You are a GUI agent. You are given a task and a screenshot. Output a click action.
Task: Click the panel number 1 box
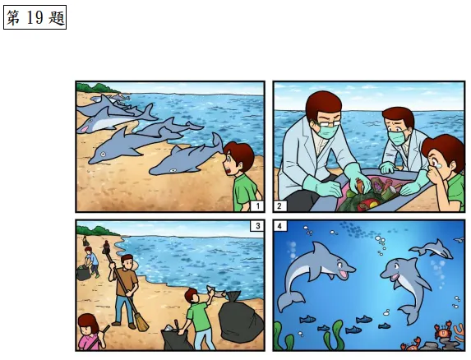pos(257,206)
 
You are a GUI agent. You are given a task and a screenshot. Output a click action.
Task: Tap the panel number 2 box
pos(280,206)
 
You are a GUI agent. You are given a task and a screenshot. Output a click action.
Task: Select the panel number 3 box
pos(257,226)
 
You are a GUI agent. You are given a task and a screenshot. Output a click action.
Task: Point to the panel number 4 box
pos(280,226)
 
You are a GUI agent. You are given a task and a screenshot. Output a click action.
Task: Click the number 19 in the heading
pos(35,17)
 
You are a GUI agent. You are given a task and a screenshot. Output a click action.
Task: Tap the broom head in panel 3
pos(141,322)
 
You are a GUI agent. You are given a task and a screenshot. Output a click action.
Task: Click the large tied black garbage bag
pos(240,318)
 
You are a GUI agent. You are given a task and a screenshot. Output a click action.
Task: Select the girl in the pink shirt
pos(90,332)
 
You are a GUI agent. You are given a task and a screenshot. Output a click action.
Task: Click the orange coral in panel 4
pos(459,332)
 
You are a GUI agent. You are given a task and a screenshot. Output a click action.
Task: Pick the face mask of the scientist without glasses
pos(396,138)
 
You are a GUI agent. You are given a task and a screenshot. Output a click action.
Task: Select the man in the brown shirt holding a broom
pos(125,291)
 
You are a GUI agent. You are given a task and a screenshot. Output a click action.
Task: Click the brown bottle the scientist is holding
pos(360,185)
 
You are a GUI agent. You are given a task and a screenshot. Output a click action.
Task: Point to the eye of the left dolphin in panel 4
pos(340,265)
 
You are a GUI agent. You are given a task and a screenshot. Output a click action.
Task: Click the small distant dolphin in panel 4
pos(432,249)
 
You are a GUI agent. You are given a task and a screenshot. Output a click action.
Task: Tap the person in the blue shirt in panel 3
pos(91,261)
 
